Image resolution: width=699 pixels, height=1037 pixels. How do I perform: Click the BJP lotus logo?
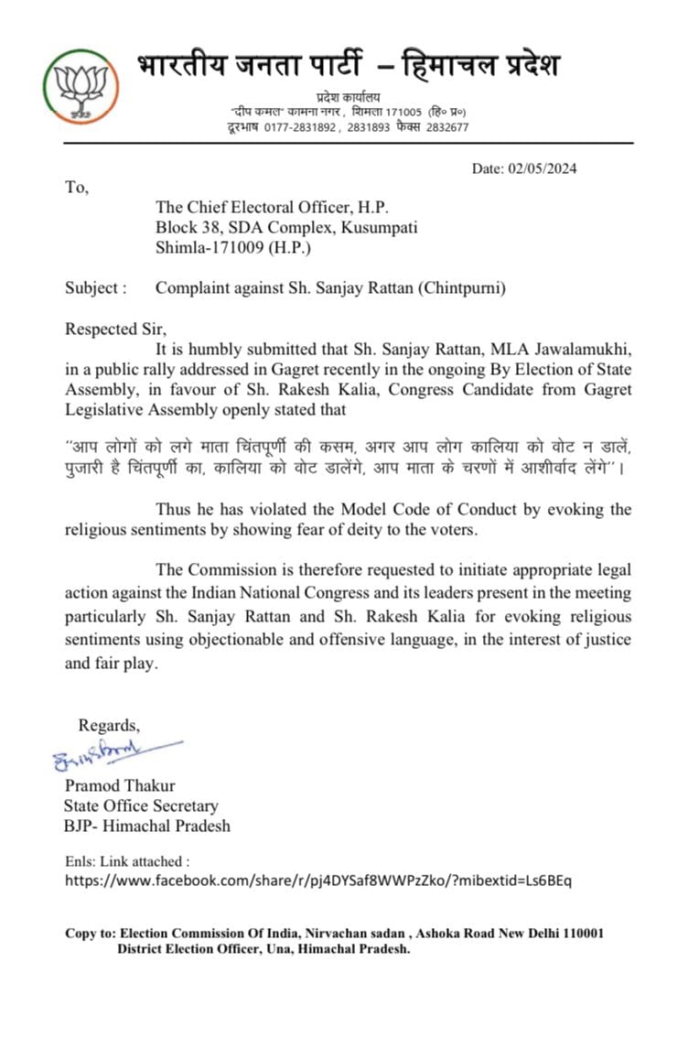(81, 87)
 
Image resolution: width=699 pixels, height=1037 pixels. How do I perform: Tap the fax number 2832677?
(446, 128)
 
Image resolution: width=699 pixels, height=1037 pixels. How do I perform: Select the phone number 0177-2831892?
(296, 128)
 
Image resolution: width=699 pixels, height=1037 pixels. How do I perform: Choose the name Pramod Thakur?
(120, 786)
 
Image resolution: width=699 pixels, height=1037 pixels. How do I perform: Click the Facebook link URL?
(317, 881)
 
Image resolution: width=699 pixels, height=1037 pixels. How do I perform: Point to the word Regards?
(109, 725)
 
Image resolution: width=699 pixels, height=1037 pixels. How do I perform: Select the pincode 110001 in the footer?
(578, 933)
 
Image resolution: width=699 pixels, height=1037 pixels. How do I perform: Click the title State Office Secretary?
(141, 806)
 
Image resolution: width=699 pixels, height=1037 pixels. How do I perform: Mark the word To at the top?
(76, 187)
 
